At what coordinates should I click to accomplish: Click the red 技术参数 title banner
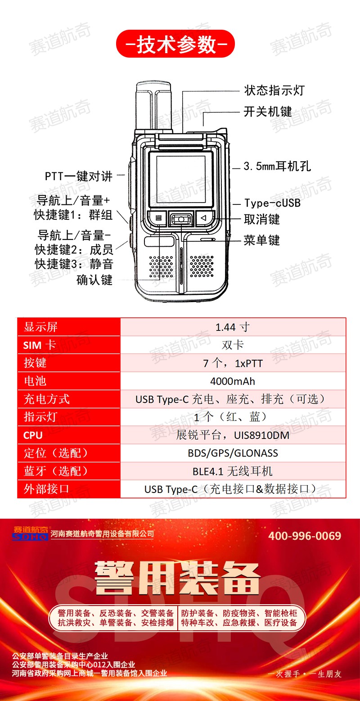175,44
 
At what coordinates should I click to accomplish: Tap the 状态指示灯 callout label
274,90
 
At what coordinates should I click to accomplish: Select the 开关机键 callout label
268,112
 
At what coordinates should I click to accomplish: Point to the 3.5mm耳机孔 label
277,166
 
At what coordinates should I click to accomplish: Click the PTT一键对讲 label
78,176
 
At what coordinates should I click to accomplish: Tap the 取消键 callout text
262,219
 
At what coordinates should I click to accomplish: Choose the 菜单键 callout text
262,240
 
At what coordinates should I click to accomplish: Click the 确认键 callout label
94,280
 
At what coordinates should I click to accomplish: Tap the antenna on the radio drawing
153,106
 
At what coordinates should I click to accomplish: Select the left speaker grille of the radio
161,267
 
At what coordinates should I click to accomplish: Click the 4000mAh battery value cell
233,381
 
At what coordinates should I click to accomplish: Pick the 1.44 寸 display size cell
233,327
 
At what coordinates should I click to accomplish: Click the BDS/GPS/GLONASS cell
233,453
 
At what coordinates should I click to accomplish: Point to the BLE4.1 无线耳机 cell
233,471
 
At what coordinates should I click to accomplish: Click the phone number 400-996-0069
305,536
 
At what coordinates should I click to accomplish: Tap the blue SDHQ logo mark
30,537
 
